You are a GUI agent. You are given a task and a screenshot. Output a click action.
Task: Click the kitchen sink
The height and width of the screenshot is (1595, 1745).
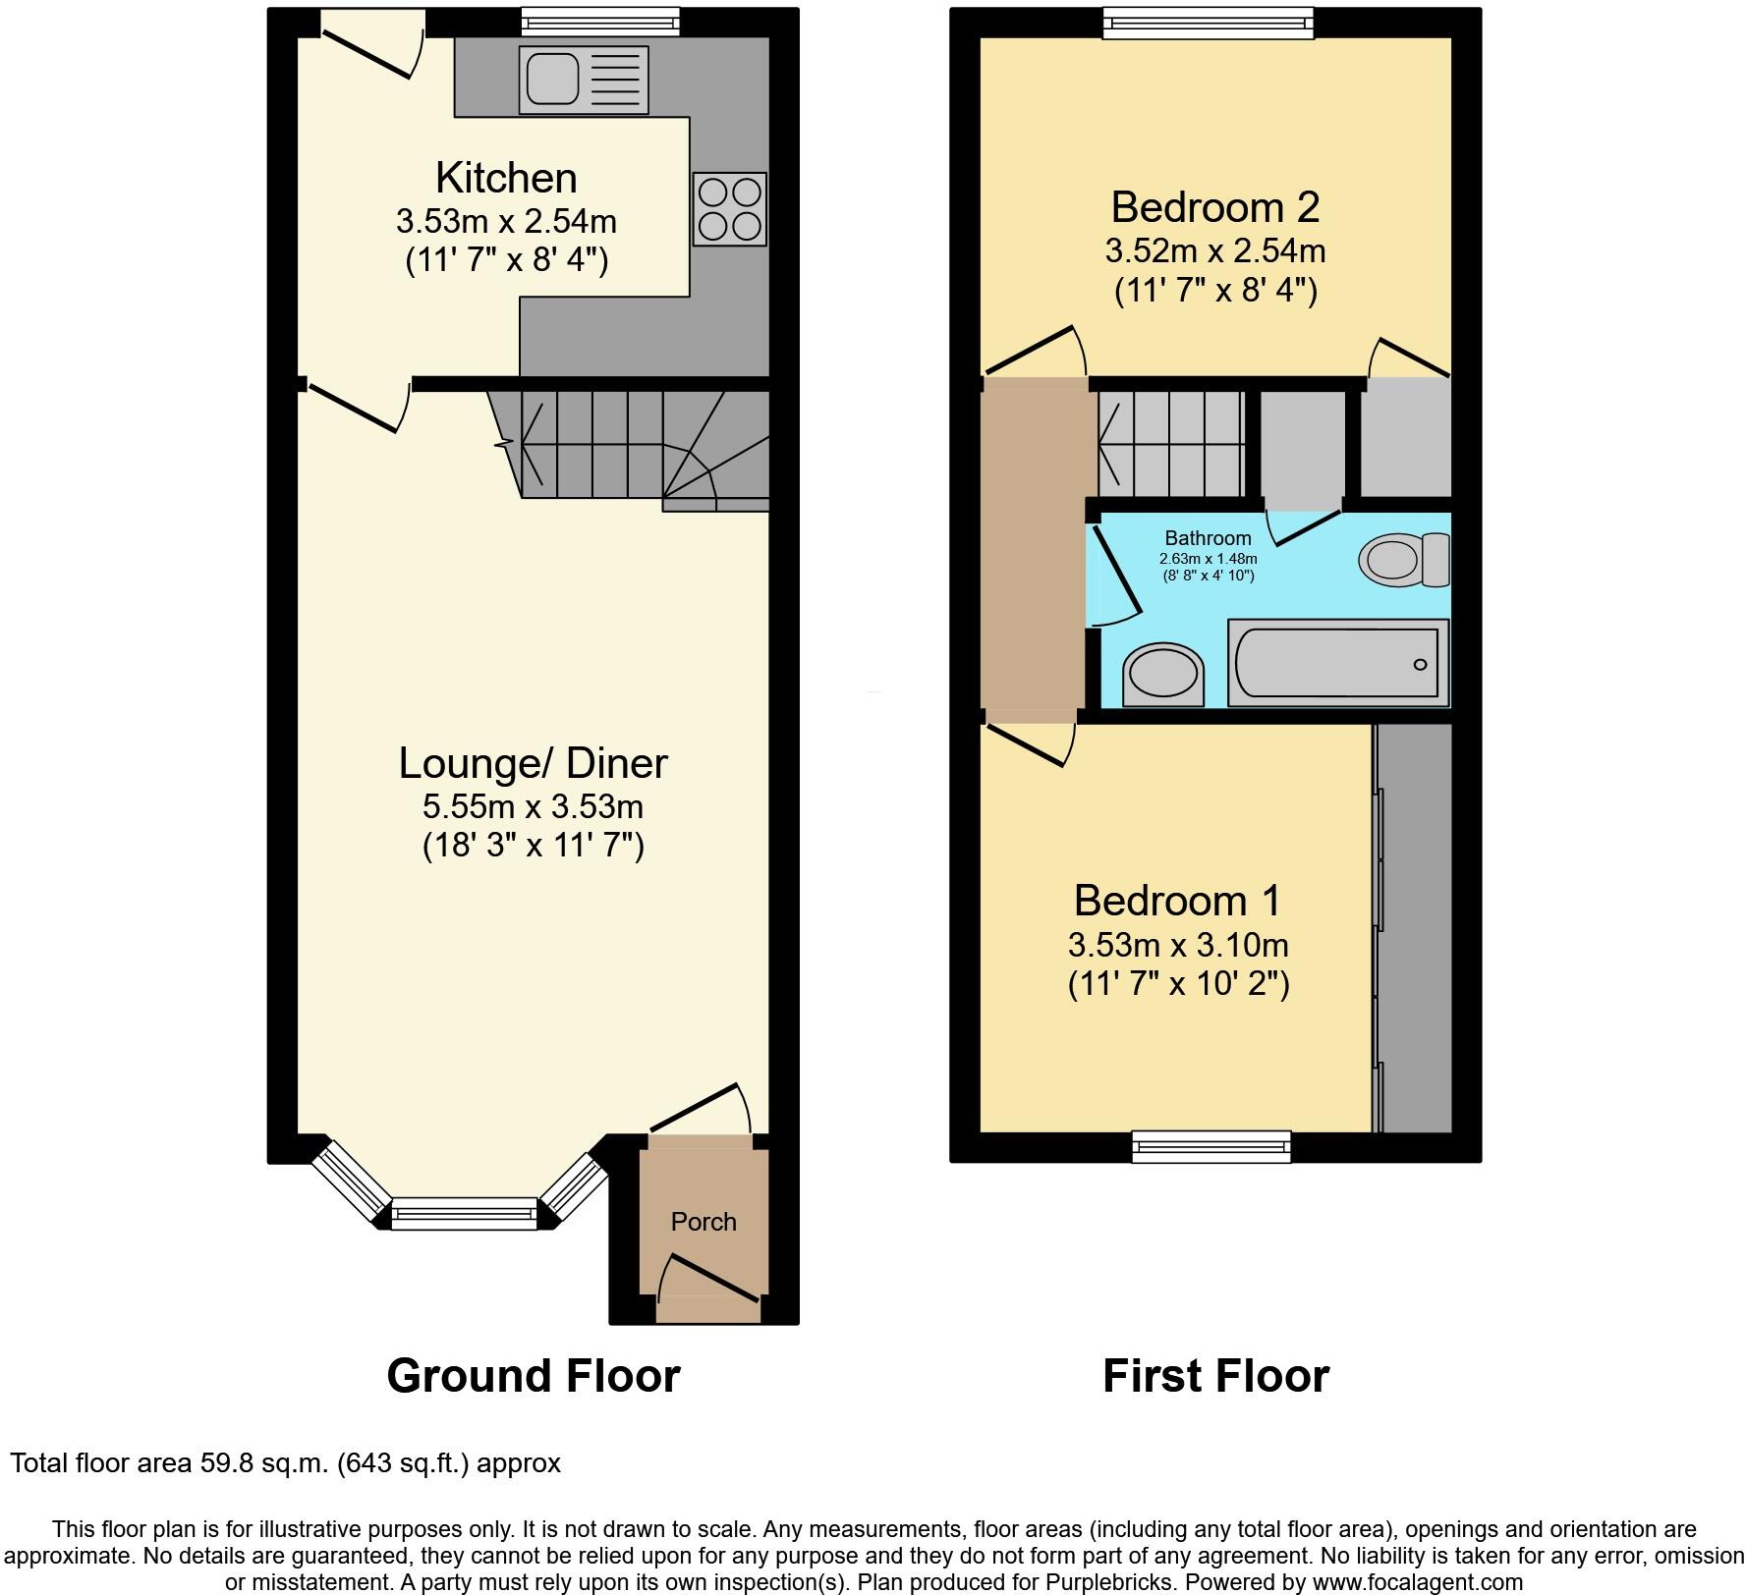[583, 80]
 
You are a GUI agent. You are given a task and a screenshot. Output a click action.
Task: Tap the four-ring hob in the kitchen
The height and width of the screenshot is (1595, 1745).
[729, 208]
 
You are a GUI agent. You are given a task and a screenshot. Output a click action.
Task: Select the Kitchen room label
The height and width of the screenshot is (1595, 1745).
[506, 178]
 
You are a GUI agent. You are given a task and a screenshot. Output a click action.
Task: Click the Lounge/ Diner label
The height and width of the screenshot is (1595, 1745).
[533, 763]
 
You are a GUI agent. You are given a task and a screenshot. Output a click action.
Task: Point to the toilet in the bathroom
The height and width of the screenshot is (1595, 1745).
[1403, 560]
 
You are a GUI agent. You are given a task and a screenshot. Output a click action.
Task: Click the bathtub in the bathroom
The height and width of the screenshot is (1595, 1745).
[1337, 663]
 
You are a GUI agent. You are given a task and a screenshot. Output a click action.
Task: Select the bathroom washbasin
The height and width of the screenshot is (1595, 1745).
[1162, 674]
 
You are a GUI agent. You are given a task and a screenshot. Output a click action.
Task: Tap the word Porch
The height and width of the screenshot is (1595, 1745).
[704, 1222]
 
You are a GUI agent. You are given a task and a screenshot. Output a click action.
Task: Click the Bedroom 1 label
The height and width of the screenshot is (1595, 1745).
[1177, 900]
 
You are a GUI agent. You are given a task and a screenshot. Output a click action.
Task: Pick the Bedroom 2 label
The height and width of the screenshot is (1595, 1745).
[1214, 207]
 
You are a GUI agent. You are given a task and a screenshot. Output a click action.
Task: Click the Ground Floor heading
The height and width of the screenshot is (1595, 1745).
[533, 1376]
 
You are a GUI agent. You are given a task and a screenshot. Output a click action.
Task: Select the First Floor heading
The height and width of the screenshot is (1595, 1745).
[1215, 1376]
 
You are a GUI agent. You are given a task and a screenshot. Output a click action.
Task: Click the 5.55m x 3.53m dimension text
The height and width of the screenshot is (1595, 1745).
[533, 807]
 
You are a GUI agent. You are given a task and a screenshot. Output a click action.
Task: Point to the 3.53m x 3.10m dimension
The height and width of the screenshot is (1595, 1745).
[1177, 945]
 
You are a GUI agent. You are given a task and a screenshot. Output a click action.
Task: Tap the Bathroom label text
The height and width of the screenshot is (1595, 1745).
[1208, 538]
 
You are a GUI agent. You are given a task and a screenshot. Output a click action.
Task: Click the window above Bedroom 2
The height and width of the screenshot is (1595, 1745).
[1208, 23]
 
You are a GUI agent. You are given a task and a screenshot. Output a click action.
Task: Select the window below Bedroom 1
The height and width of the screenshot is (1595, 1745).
[1210, 1145]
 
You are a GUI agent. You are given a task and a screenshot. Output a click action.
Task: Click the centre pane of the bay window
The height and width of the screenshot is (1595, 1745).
[465, 1214]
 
